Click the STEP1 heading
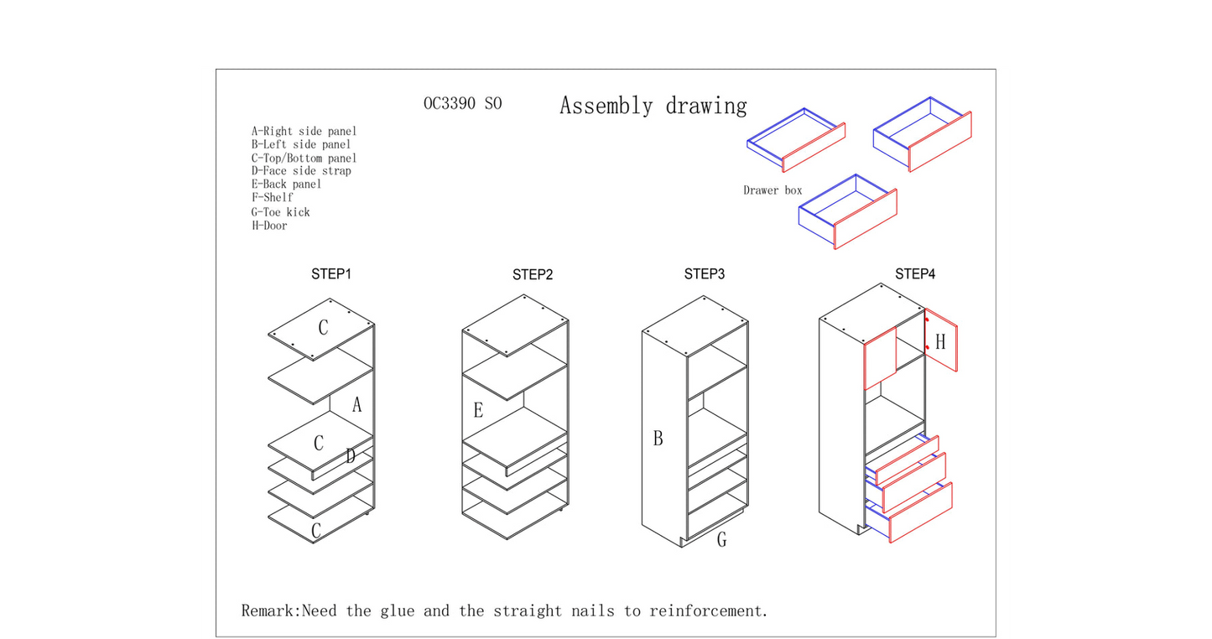(331, 274)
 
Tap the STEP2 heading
(533, 275)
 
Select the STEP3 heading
(705, 274)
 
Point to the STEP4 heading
(915, 274)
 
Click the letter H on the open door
(940, 341)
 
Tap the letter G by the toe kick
(722, 539)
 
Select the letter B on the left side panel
(658, 439)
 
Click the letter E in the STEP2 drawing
(478, 410)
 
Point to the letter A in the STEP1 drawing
(356, 405)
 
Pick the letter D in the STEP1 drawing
(351, 456)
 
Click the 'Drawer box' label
(772, 190)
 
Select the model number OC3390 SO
(463, 103)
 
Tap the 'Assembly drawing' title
(653, 106)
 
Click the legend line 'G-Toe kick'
(280, 212)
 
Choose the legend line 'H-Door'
(269, 226)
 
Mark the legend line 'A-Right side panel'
(304, 132)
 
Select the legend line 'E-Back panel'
(286, 184)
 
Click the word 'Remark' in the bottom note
(268, 610)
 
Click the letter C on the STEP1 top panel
(323, 327)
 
